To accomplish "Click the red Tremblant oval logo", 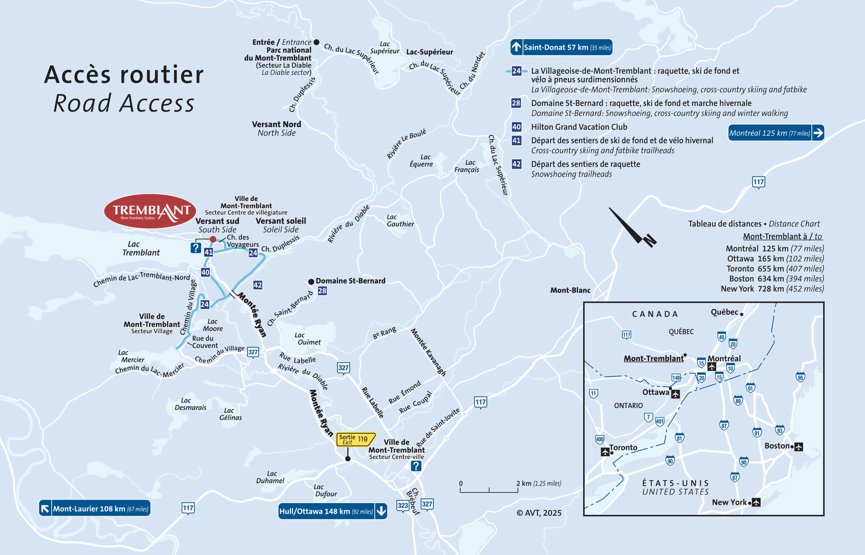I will point(150,211).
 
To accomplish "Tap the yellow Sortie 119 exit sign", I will point(355,439).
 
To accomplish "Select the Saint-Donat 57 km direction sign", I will point(561,47).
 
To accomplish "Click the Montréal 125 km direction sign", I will point(776,133).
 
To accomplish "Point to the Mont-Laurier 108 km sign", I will point(95,509).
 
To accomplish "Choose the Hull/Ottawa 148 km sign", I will point(332,511).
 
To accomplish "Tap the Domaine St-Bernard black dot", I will point(311,281).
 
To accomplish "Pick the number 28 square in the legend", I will point(516,103).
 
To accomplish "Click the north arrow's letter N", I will point(650,240).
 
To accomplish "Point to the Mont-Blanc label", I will point(570,290).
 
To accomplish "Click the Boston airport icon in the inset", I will point(799,447).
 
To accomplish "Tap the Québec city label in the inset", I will point(724,312).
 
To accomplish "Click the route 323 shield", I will point(403,506).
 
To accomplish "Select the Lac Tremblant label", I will point(141,248).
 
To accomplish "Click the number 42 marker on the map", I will point(258,285).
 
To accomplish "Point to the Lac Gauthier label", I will point(400,221).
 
